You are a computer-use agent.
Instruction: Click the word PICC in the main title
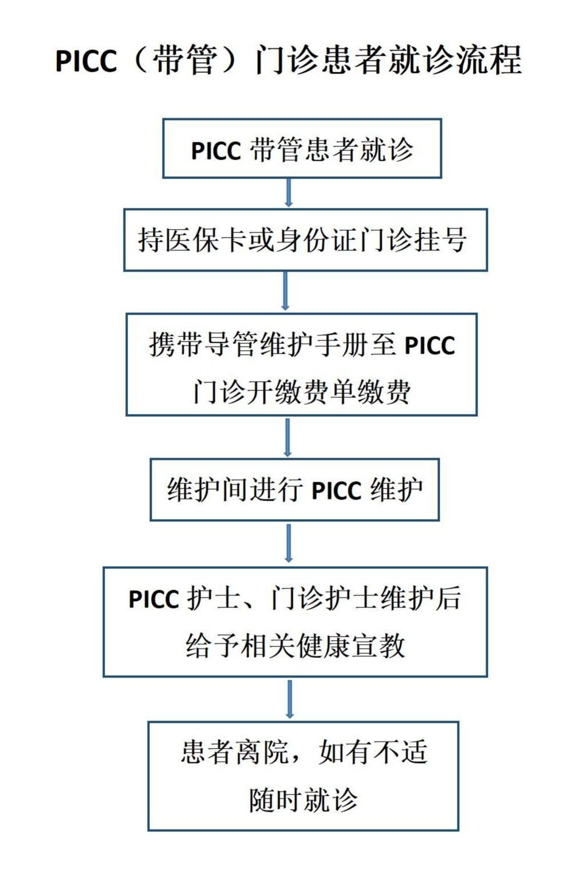pos(86,61)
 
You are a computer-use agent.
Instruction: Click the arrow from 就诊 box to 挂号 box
pos(289,192)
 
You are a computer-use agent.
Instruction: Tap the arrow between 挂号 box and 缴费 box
pos(286,291)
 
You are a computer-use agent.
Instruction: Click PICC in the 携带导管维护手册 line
pos(430,345)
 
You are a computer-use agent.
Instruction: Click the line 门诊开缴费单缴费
pos(301,392)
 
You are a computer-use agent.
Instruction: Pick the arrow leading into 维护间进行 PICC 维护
pos(288,437)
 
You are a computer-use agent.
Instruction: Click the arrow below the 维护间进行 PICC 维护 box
pos(289,543)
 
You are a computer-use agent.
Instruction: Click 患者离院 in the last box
pos(235,752)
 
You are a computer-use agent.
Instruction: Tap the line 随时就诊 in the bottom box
pos(304,800)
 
